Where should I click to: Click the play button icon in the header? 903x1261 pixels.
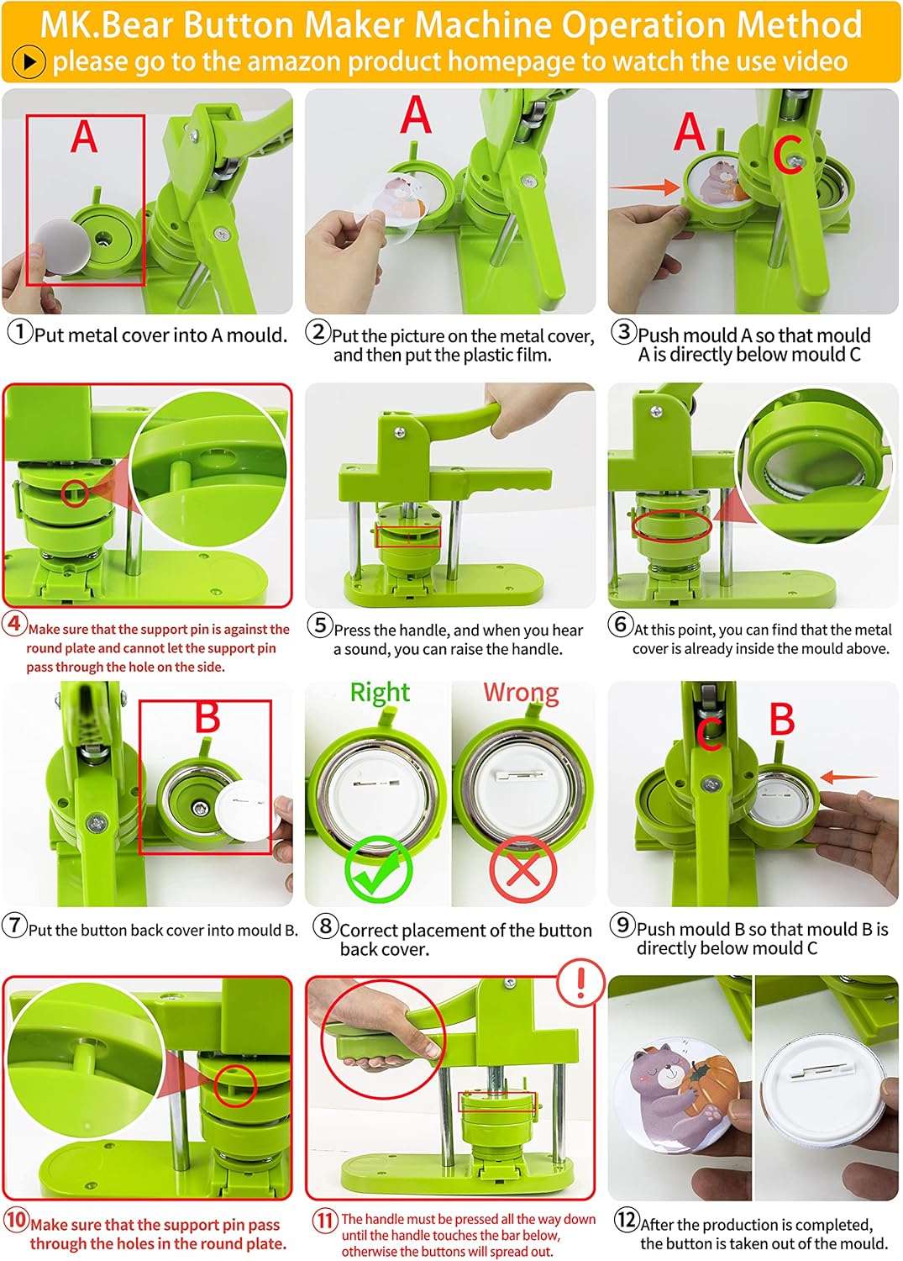[x=29, y=61]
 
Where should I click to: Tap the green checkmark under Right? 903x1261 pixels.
[x=377, y=869]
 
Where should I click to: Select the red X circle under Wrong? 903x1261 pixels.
[x=522, y=870]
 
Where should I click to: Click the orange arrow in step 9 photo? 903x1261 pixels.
[x=849, y=778]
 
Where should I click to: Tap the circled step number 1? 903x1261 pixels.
[x=20, y=331]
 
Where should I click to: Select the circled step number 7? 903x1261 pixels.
[x=14, y=925]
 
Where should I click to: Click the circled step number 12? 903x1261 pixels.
[x=626, y=1219]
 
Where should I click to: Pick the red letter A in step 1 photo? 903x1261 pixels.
[x=84, y=137]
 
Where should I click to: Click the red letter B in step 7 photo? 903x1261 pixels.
[x=207, y=716]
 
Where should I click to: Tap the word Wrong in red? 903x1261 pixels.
[x=521, y=693]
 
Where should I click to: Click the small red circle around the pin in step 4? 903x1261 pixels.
[x=75, y=493]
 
